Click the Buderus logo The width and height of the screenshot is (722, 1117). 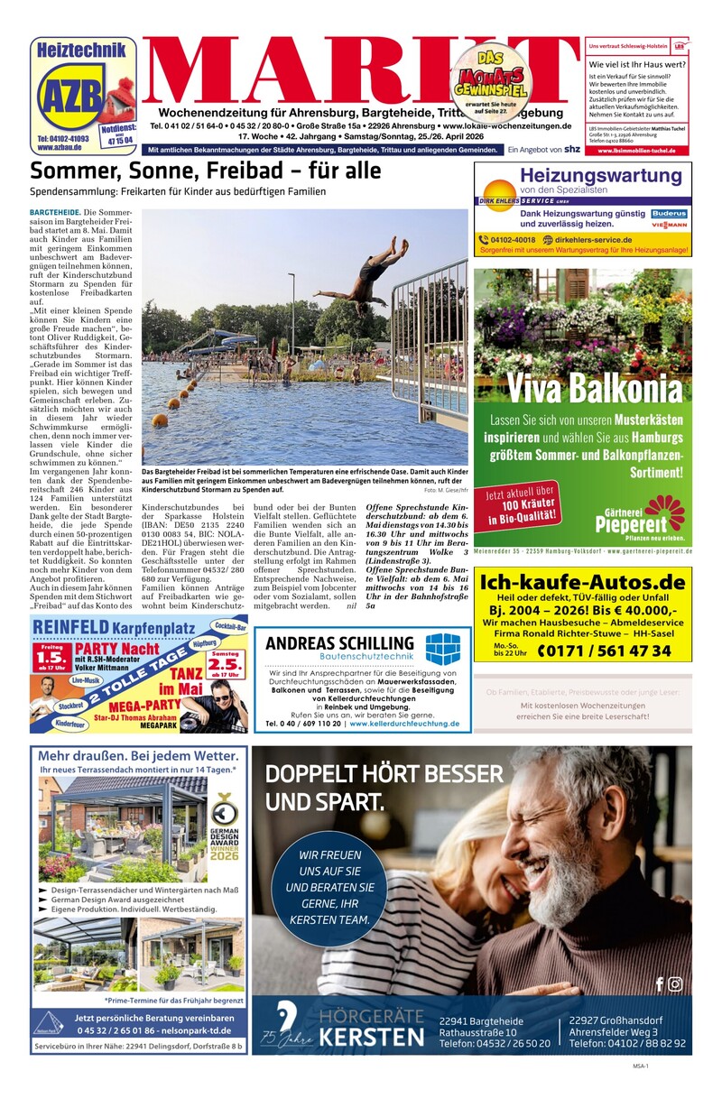tap(669, 215)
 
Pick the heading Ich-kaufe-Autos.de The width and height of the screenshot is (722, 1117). tap(583, 581)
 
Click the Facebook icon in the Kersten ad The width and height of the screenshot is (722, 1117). tap(659, 983)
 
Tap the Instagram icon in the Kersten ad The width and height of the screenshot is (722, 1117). tap(675, 983)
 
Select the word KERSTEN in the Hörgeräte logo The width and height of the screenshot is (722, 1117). tap(372, 1036)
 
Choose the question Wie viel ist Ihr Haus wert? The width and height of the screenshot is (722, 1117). tap(635, 65)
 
